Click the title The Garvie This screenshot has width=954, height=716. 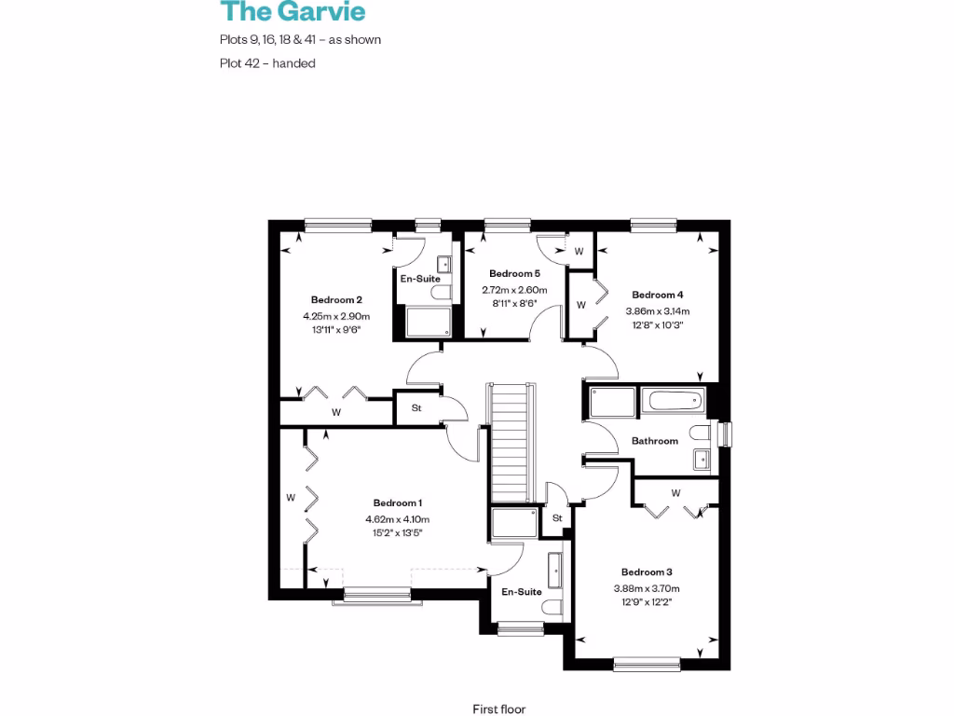[293, 12]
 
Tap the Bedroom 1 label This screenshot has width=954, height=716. [398, 503]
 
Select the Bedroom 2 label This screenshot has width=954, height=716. [336, 300]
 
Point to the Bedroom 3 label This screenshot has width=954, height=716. [647, 572]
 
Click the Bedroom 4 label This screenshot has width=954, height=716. [658, 295]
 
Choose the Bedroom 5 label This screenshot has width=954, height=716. [514, 274]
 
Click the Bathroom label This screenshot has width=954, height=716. [655, 441]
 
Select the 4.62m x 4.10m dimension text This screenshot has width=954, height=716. [398, 520]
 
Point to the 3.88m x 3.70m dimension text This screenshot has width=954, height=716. [647, 588]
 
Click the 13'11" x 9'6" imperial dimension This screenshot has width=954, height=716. [336, 329]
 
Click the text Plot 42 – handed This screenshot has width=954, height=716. [267, 63]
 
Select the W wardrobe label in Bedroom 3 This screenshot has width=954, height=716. [675, 492]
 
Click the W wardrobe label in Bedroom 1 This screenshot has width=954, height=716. [291, 498]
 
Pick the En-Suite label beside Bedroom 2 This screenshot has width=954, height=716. [420, 279]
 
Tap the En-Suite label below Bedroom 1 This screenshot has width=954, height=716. [522, 592]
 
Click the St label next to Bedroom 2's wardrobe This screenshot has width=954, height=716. [416, 407]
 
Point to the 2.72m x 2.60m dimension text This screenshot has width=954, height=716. [514, 290]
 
